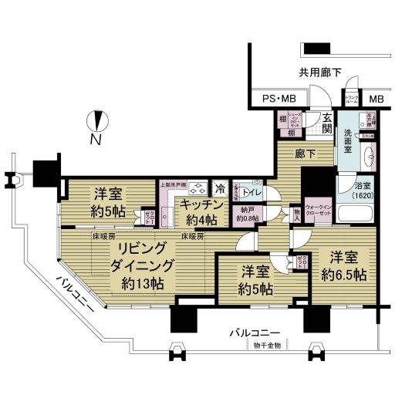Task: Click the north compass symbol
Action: coord(96,123)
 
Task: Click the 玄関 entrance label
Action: coord(327,123)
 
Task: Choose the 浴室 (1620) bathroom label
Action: coord(363,191)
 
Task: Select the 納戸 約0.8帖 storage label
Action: coord(247,214)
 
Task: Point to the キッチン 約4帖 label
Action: coord(201,211)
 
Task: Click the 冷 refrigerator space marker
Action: coord(221,188)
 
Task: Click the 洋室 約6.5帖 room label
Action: coord(344,266)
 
